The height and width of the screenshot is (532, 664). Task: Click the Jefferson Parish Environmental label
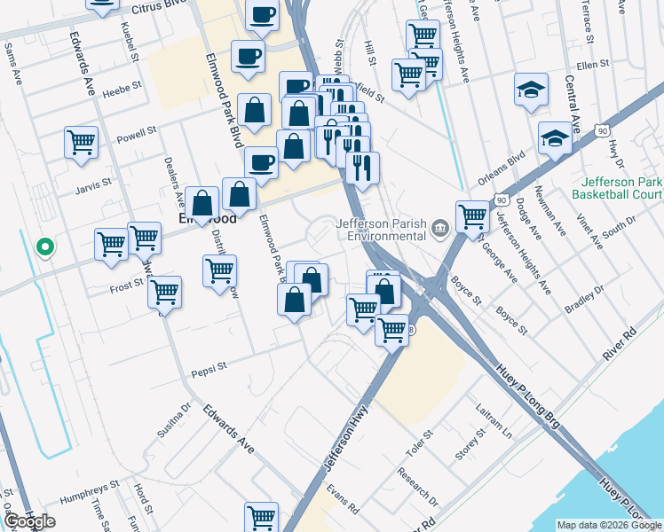click(381, 231)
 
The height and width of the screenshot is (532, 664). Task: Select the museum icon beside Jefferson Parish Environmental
click(439, 231)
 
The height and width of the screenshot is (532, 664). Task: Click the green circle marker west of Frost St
click(43, 247)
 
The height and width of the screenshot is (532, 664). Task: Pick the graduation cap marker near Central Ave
click(531, 90)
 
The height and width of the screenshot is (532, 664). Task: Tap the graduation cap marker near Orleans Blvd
click(555, 138)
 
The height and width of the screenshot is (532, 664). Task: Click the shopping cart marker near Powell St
click(81, 141)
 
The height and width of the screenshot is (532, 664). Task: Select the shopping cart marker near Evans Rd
click(261, 516)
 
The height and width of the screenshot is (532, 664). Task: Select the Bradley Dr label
click(584, 297)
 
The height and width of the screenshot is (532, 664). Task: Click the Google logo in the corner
click(29, 521)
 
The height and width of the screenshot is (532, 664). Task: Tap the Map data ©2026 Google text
click(608, 525)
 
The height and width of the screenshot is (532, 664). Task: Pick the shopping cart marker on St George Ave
click(472, 215)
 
